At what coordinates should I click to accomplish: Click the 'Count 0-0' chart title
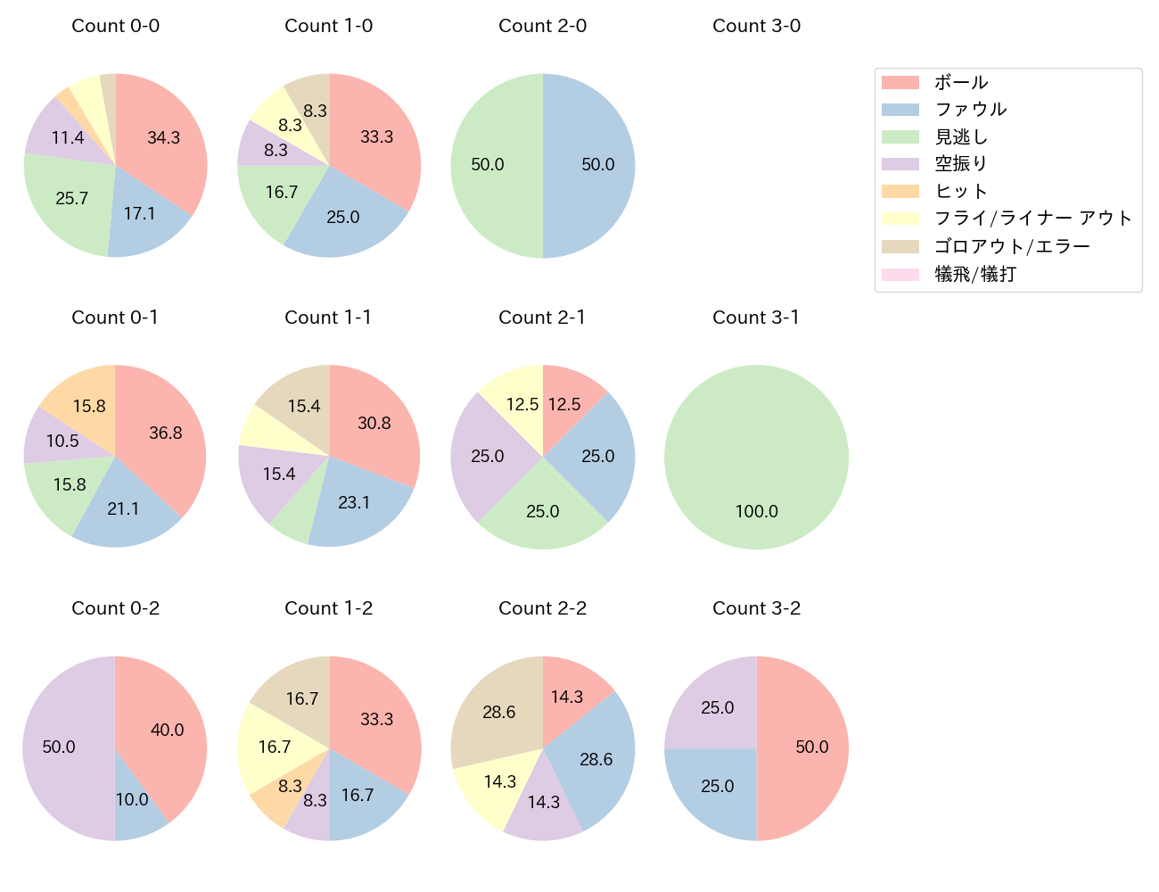coord(115,26)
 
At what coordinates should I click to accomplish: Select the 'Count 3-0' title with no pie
coord(756,26)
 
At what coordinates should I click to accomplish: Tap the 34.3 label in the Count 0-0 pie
coord(163,137)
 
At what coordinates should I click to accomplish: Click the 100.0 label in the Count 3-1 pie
coord(756,511)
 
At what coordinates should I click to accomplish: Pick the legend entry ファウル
coord(970,109)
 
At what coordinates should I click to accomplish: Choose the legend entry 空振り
coord(960,164)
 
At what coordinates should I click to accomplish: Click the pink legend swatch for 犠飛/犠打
coord(900,275)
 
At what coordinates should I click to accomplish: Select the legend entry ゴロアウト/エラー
coord(1011,246)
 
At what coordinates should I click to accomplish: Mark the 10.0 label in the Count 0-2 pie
coord(132,799)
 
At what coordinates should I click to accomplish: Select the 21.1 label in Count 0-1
coord(123,508)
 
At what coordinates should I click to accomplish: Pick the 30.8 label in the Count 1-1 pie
coord(374,423)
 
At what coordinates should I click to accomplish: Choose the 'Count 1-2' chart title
coord(328,608)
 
